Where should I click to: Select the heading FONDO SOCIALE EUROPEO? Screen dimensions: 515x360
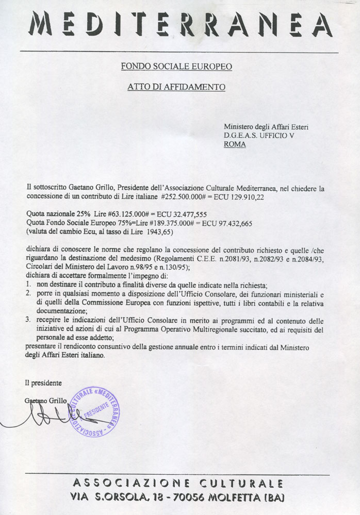pos(176,67)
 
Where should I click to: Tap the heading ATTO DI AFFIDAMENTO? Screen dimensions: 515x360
pos(176,87)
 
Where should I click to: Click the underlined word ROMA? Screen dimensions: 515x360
pos(235,144)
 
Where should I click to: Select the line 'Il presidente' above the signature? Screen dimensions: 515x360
pos(43,383)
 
